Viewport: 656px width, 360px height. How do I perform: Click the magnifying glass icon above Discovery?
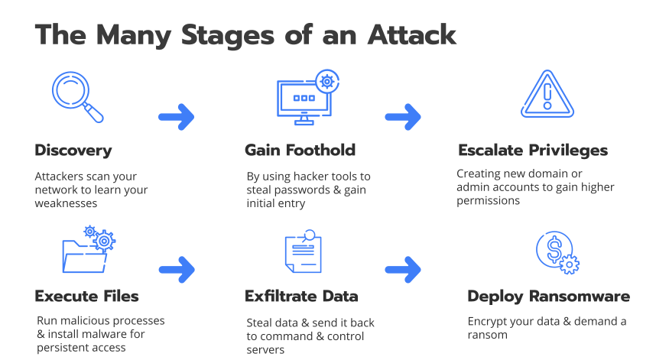coord(75,96)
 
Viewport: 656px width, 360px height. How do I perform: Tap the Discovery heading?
coord(73,150)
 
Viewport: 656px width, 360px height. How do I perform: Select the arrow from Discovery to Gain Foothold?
coord(176,117)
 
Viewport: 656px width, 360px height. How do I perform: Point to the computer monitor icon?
coord(306,99)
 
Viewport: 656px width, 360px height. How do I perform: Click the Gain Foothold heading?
coord(300,150)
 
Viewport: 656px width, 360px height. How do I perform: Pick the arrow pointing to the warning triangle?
coord(403,117)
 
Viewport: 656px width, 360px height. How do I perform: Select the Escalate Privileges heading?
coord(532,150)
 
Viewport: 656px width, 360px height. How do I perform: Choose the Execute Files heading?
coord(87,296)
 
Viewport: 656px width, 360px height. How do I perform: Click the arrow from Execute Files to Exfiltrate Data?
coord(176,268)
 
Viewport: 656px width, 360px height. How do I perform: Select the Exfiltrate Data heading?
coord(301,296)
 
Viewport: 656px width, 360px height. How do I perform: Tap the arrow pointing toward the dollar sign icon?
coord(403,268)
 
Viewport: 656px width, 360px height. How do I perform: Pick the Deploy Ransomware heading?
coord(548,296)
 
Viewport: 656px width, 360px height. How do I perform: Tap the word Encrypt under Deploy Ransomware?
coord(489,321)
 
